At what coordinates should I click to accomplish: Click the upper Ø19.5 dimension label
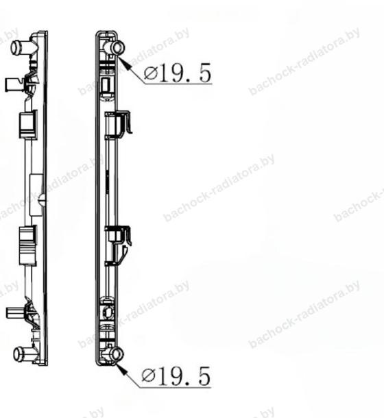tap(178, 73)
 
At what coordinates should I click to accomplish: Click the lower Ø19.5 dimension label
tap(176, 376)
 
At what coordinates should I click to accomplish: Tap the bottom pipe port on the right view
tap(117, 354)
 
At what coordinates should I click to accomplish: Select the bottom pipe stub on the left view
tap(23, 354)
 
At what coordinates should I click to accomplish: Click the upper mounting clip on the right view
tap(119, 125)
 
